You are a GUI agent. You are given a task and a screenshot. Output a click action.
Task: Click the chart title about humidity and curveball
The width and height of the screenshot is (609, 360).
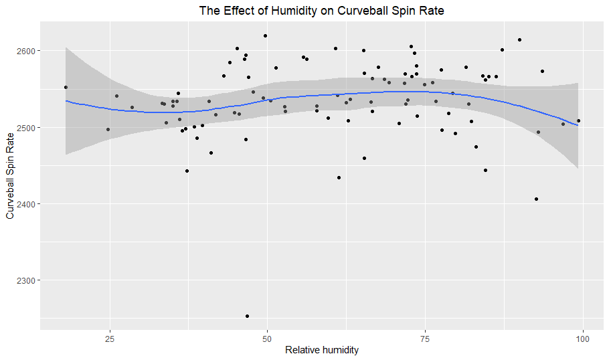[x=321, y=11]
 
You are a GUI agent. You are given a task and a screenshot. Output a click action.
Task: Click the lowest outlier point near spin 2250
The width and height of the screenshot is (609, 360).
[x=247, y=316]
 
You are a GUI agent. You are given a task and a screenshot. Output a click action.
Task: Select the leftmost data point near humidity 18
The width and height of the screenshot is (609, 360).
[x=66, y=87]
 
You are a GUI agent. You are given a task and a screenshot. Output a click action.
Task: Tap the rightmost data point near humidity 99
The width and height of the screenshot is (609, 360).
[x=578, y=121]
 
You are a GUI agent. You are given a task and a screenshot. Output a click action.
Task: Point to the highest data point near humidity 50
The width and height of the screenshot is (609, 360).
[x=265, y=36]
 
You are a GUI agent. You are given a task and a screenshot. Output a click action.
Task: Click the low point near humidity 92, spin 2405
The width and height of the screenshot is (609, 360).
[x=536, y=199]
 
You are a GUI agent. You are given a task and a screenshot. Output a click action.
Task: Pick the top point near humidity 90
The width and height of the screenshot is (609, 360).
[x=519, y=40]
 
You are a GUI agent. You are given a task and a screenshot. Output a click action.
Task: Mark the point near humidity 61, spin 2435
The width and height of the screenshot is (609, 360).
[x=339, y=177]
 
